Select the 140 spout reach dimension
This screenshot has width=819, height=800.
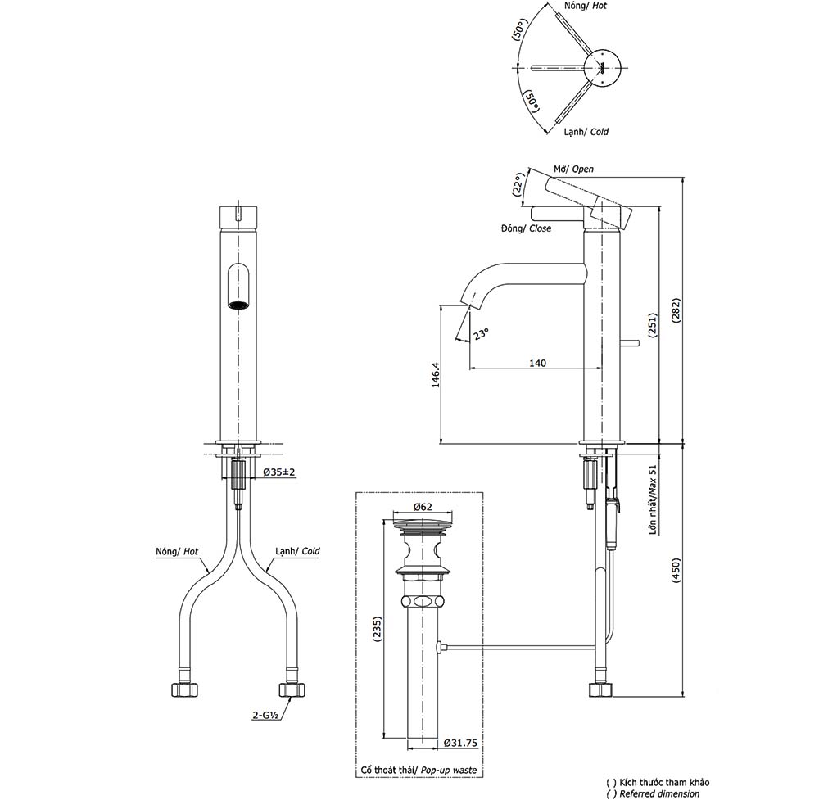pos(537,363)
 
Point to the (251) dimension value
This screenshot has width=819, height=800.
pos(653,325)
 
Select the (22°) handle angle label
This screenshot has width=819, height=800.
pos(518,185)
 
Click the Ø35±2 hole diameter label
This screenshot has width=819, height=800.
pos(278,472)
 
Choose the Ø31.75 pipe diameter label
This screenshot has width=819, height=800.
pos(460,743)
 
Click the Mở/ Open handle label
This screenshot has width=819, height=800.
pos(573,169)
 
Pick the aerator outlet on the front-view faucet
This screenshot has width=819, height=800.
pos(238,306)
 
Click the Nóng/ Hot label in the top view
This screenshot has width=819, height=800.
pos(584,6)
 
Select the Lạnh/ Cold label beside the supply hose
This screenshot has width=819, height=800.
pos(297,552)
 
